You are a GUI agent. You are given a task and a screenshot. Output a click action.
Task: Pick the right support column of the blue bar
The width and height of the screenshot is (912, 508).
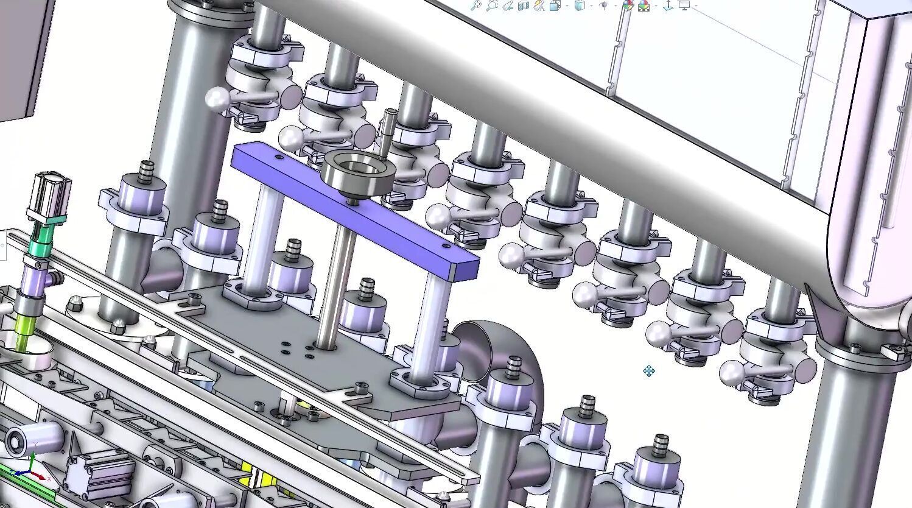coord(429,323)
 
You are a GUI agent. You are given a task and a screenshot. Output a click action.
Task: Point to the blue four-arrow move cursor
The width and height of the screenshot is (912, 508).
coord(649,370)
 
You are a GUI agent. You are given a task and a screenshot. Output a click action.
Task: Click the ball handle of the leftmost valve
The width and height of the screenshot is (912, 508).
coord(216,97)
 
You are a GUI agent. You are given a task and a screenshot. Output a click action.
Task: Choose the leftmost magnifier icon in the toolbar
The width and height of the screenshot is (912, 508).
coord(476,5)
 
